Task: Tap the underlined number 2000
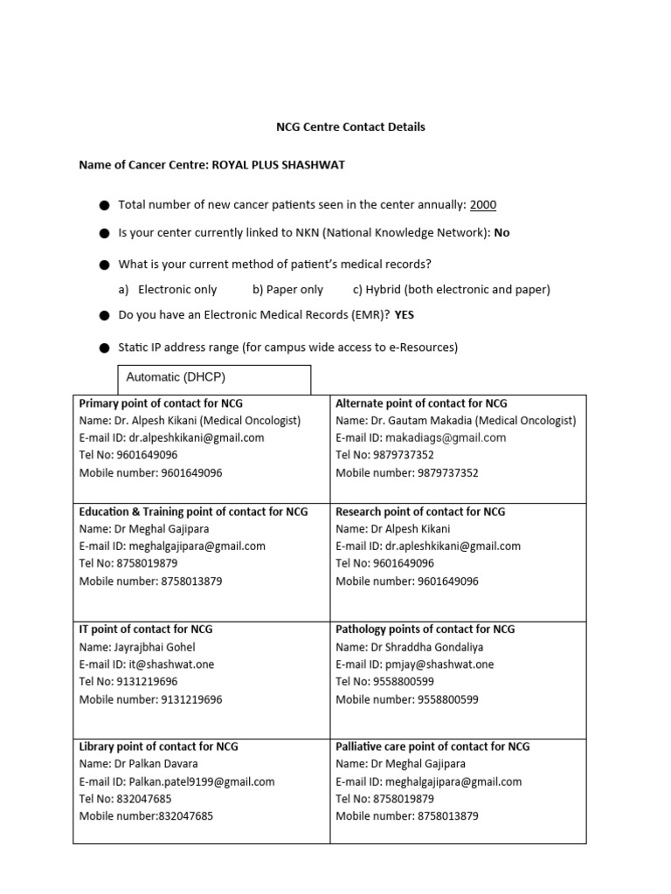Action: [482, 205]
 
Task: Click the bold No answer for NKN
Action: [502, 233]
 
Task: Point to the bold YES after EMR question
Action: [404, 316]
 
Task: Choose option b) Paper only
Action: [287, 289]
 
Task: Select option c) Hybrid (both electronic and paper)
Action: [451, 289]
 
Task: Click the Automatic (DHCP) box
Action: [214, 379]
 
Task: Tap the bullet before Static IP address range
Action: [104, 348]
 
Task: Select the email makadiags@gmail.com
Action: [446, 437]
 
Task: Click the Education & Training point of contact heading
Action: [193, 512]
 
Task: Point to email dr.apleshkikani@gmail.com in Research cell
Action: [454, 546]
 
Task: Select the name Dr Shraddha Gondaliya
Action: [427, 647]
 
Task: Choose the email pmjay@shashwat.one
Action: [440, 664]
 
